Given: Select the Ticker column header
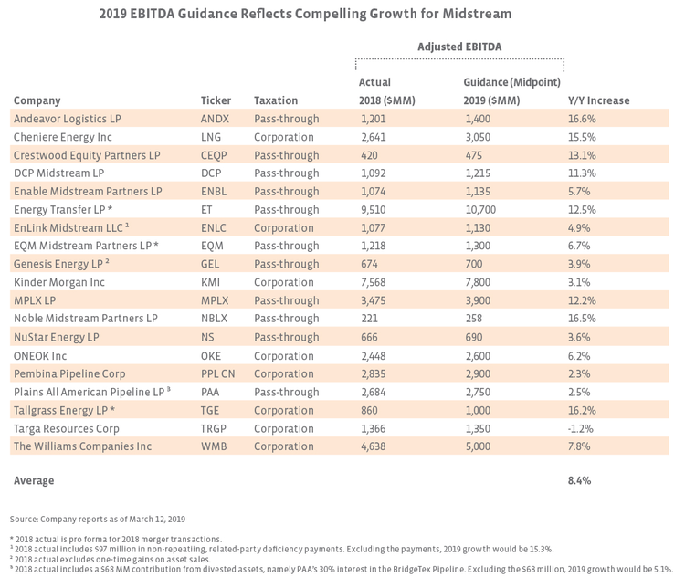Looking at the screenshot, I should coord(216,100).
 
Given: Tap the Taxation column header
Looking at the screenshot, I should coord(275,100).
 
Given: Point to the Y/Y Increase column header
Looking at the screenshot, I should coord(599,100).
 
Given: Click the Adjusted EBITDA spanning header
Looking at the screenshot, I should coord(459,47).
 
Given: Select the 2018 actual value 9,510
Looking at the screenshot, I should coord(374,210).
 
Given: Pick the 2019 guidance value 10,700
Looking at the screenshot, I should coord(481,210).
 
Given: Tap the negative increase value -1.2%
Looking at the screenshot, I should coord(581,428).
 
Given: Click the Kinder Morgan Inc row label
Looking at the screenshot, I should coord(59,283).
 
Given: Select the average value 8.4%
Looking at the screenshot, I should coord(580,480).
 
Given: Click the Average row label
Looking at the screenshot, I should coord(34,480).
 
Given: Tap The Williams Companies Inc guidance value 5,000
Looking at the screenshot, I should coord(479,446).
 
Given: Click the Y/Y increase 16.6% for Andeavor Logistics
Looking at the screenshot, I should coord(582,119).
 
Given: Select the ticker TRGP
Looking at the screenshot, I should coord(216,428).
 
